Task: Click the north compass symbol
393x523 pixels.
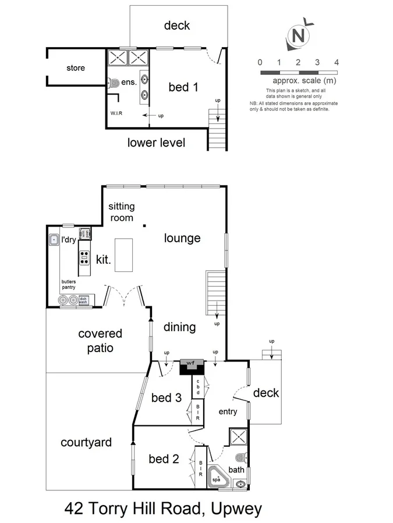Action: tap(299, 37)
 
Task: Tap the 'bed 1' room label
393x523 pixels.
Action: tap(183, 87)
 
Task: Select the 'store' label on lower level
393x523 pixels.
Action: tap(75, 68)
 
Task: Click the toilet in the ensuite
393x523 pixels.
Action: tap(114, 82)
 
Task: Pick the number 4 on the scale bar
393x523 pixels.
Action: tap(336, 62)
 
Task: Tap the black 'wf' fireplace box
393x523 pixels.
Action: tap(192, 366)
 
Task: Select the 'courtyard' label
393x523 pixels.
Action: tap(86, 442)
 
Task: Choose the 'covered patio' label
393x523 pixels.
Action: tap(100, 341)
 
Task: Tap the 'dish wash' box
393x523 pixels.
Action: tap(83, 300)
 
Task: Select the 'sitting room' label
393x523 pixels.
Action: tap(122, 212)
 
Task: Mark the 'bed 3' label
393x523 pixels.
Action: tap(166, 397)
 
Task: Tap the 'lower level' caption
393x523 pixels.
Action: tap(156, 142)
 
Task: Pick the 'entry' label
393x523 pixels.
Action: tap(227, 412)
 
